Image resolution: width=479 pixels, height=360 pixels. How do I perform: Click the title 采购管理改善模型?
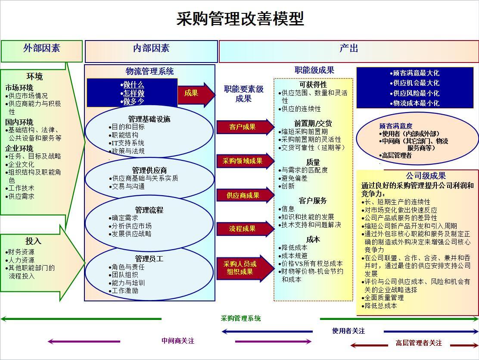coord(240,19)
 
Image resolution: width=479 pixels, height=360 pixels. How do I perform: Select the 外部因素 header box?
coord(41,51)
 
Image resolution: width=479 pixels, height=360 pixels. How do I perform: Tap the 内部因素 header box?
coord(151,51)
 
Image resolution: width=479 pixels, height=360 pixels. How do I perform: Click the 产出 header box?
coord(349,51)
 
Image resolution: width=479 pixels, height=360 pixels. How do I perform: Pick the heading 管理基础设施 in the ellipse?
coord(149,119)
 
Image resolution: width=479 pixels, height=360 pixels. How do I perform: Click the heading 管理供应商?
coord(149,170)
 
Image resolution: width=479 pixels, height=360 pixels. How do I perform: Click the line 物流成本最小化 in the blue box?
coord(414,103)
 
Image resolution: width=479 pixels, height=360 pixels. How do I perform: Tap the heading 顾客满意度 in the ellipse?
coord(396,126)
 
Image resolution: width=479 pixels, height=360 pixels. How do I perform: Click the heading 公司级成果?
coord(426,175)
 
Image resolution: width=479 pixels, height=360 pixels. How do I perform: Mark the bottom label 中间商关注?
coord(178,341)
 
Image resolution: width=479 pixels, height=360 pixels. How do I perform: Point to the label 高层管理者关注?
coord(419,343)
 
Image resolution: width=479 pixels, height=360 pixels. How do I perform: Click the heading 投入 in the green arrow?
coord(33,241)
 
